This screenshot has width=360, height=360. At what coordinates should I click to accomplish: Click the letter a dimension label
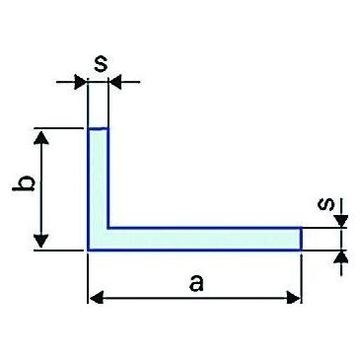pyautogui.click(x=196, y=283)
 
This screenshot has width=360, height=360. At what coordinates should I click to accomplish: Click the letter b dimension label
pyautogui.click(x=23, y=184)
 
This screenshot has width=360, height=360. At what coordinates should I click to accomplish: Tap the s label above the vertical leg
pyautogui.click(x=101, y=64)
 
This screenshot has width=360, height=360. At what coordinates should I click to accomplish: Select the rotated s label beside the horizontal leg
pyautogui.click(x=325, y=204)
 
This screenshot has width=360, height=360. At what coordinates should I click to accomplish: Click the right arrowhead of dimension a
pyautogui.click(x=294, y=298)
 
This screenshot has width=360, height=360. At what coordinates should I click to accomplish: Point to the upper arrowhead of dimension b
pyautogui.click(x=41, y=137)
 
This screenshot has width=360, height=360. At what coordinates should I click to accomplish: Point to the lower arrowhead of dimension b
pyautogui.click(x=41, y=241)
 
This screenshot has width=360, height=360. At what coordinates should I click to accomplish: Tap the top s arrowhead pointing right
pyautogui.click(x=81, y=82)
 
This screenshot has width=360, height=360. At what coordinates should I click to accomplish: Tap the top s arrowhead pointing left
pyautogui.click(x=115, y=82)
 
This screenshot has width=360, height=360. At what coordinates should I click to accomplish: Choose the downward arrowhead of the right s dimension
pyautogui.click(x=342, y=221)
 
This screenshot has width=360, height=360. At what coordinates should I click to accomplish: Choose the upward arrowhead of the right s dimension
pyautogui.click(x=342, y=257)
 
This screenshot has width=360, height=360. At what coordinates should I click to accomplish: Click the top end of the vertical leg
pyautogui.click(x=98, y=128)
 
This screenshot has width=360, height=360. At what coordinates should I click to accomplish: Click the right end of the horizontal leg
pyautogui.click(x=301, y=239)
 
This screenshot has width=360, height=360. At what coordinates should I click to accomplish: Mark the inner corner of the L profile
pyautogui.click(x=108, y=227)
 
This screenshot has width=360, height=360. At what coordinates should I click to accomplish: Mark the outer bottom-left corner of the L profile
pyautogui.click(x=88, y=251)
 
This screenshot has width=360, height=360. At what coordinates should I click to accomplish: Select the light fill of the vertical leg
pyautogui.click(x=98, y=178)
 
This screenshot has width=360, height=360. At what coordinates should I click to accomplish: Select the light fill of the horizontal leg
pyautogui.click(x=204, y=239)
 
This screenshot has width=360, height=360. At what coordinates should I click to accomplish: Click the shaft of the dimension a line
pyautogui.click(x=194, y=298)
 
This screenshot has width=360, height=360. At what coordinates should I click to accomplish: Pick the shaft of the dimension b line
pyautogui.click(x=41, y=188)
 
